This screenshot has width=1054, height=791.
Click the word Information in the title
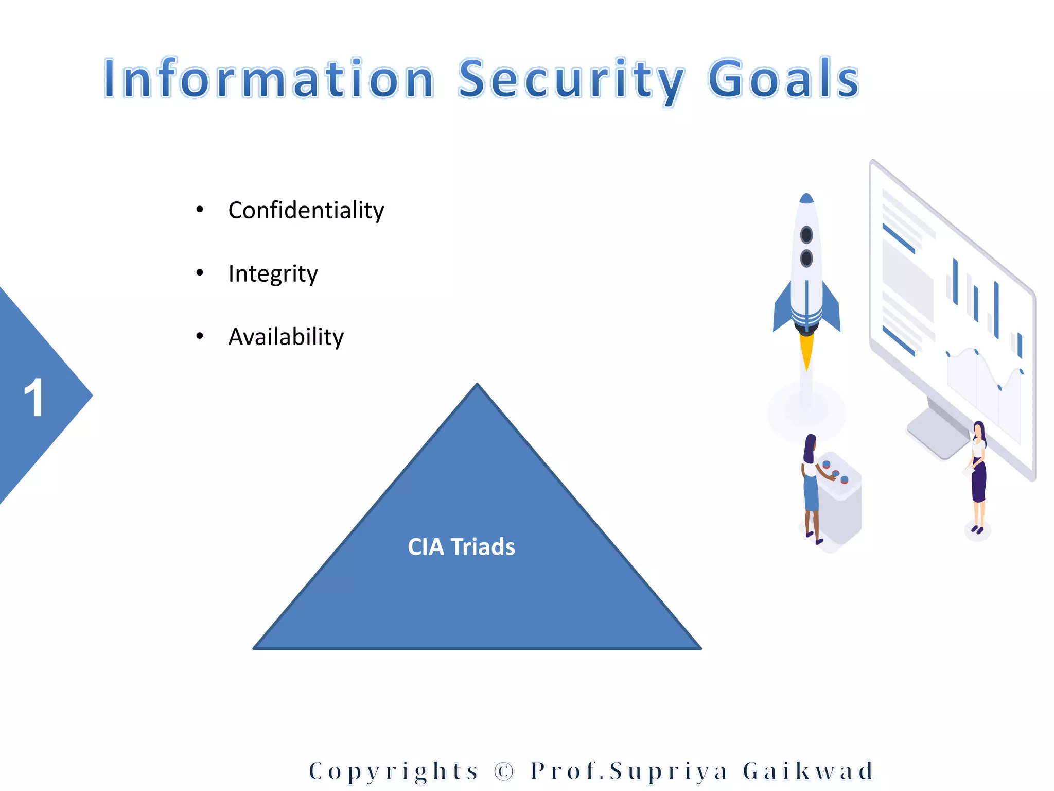click(269, 78)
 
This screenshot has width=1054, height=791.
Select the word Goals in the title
click(783, 78)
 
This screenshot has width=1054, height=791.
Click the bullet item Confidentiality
click(306, 210)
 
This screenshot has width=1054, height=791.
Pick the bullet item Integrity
click(273, 273)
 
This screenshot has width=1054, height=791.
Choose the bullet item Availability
click(286, 337)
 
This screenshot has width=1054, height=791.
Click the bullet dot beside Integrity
click(200, 273)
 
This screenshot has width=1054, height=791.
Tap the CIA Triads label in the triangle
click(461, 547)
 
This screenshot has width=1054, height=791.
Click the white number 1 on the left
click(34, 398)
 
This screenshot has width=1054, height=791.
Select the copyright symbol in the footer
click(504, 771)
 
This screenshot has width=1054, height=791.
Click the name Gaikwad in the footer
click(808, 771)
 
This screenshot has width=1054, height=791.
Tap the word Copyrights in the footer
click(394, 771)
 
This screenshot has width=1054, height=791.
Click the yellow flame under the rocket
click(806, 350)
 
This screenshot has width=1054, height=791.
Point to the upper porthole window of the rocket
click(806, 235)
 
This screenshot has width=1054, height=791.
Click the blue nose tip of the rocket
click(806, 198)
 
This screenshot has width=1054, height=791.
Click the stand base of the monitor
click(938, 433)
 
